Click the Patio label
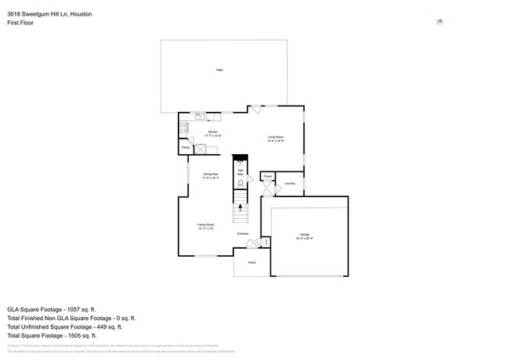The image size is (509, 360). coord(219,70)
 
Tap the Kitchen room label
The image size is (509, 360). coord(213,133)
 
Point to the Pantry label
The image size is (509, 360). coord(186,147)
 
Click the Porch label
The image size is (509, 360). coord(252,262)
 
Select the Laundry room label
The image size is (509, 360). coord(290,184)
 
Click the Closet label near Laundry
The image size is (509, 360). coord(267,177)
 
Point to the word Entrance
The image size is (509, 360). coord(244,233)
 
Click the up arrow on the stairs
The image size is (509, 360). coord(241,207)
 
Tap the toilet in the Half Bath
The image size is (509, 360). coord(241,185)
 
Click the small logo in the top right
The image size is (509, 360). coord(440,22)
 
